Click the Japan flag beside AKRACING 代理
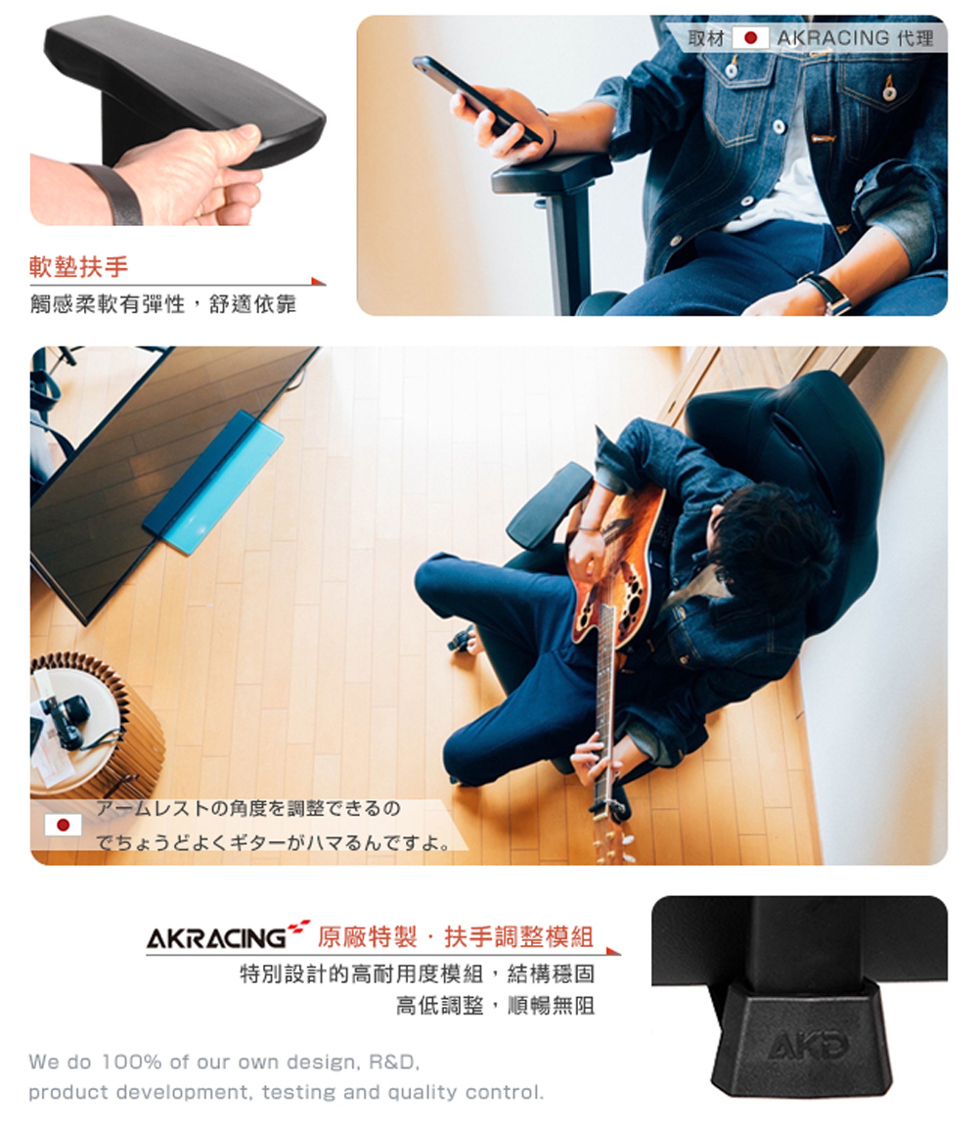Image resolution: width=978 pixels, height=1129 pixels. [750, 38]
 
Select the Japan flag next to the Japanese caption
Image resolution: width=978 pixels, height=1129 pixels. [63, 825]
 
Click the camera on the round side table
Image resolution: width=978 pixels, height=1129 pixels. [65, 719]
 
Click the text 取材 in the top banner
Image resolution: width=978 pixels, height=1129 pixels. [705, 38]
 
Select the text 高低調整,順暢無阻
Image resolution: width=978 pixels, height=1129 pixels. [495, 1005]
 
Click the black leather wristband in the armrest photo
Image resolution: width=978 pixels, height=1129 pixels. [115, 194]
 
